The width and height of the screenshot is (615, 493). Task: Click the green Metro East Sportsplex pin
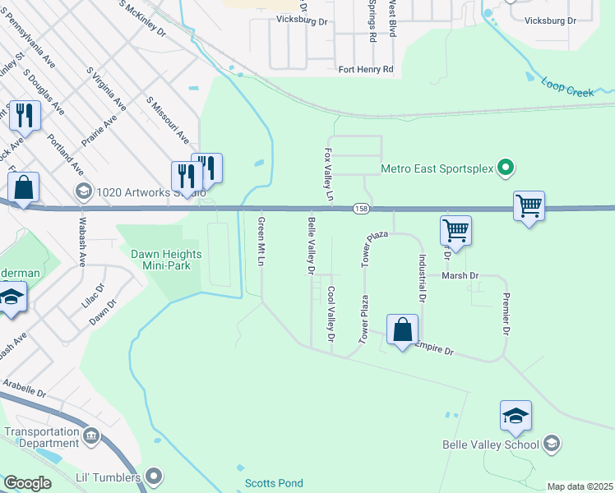coord(506,169)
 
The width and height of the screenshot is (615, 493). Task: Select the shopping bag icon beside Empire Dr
coord(402,330)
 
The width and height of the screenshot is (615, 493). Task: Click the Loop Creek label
coord(567,88)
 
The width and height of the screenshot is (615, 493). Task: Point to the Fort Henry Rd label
coord(366,70)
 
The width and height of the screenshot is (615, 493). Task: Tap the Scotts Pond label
coord(274,483)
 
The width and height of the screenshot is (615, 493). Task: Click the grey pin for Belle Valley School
coord(552,445)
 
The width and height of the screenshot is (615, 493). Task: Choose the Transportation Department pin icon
coord(90,433)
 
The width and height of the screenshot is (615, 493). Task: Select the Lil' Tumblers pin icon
coord(154,476)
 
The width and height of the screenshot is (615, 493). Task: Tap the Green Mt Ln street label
coord(261,242)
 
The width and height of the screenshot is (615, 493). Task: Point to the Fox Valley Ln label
coord(329,175)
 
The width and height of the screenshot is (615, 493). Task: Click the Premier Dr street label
coord(506,311)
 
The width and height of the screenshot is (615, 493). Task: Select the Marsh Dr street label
coord(460,276)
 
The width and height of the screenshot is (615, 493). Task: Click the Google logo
coord(27,483)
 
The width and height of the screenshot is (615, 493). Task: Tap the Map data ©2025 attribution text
coord(579,486)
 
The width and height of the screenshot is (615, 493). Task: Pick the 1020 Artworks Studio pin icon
coord(83,192)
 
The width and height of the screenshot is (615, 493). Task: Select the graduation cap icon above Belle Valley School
coord(516,416)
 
